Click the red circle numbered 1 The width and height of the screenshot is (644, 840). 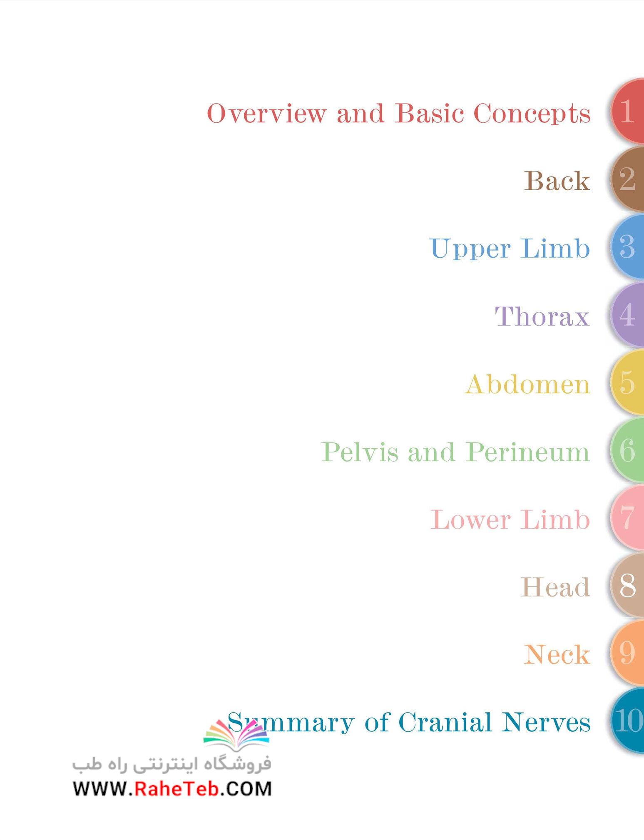(x=628, y=112)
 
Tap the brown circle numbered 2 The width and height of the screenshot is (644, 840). (x=628, y=179)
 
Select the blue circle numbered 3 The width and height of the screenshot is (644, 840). (x=628, y=247)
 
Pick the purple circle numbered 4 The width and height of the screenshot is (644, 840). (x=628, y=315)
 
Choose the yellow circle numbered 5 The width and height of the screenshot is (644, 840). (x=628, y=383)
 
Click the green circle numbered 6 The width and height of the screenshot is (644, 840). (x=628, y=450)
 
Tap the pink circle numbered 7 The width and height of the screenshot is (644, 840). (x=628, y=518)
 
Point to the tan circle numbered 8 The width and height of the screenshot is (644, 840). (x=628, y=586)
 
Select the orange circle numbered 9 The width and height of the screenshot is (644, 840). (x=628, y=654)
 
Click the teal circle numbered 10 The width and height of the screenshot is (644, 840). (x=628, y=721)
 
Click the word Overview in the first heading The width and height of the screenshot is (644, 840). (x=266, y=113)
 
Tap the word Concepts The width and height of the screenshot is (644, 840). (x=532, y=114)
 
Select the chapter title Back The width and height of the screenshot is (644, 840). (x=557, y=181)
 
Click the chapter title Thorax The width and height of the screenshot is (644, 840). (x=542, y=316)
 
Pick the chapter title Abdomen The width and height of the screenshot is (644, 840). (x=527, y=384)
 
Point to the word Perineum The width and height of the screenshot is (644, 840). (x=528, y=452)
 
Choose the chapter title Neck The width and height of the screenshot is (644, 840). (x=557, y=655)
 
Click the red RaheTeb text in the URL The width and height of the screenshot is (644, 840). (x=177, y=789)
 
